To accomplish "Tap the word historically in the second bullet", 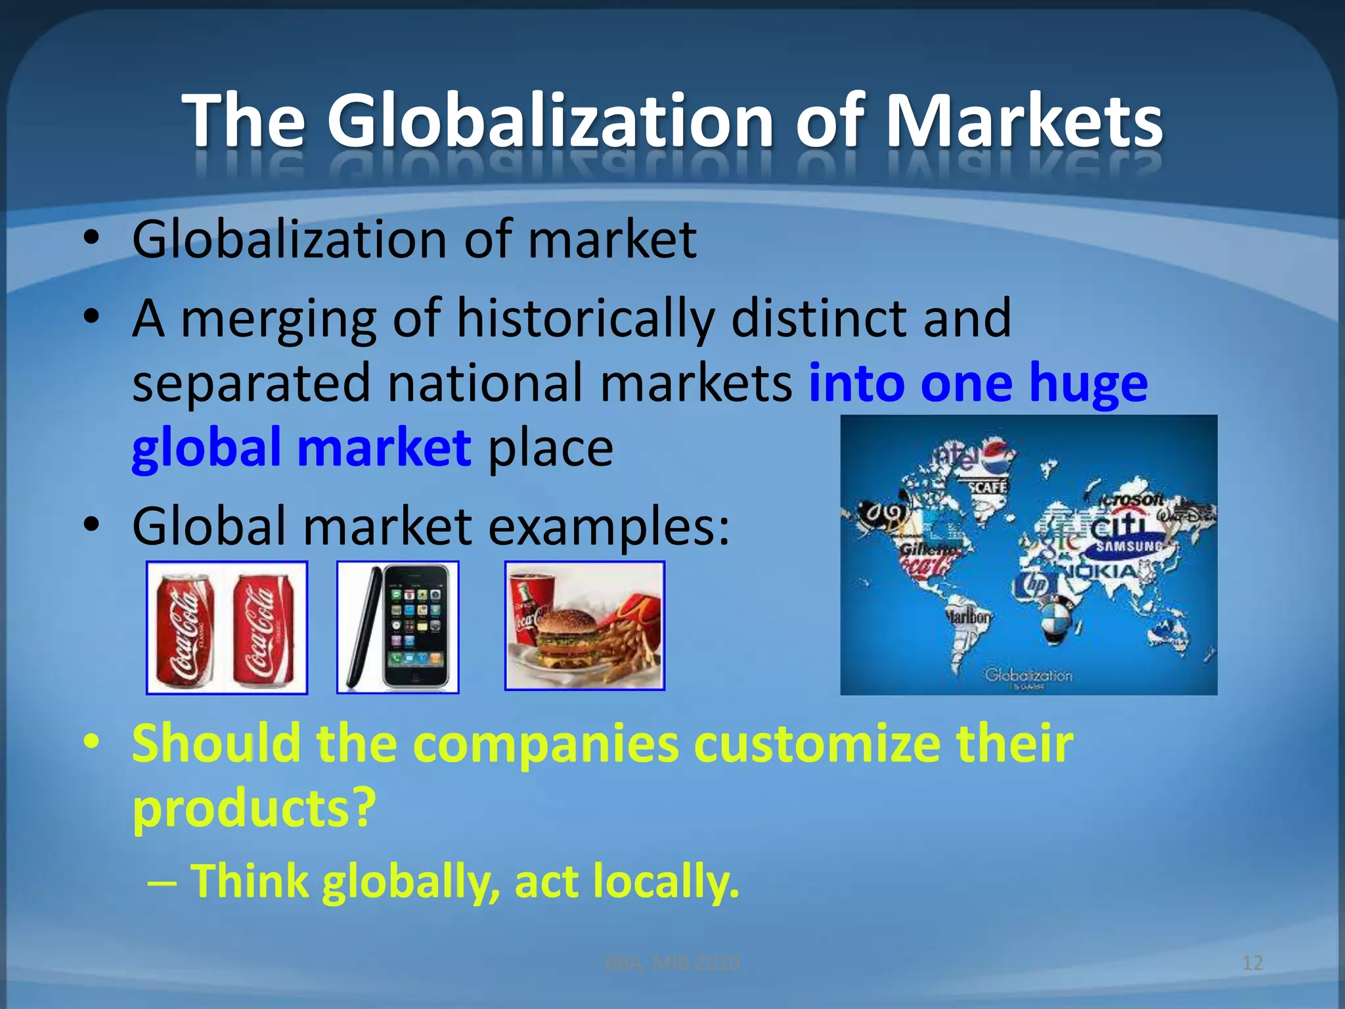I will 585,319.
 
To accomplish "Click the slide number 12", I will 1252,963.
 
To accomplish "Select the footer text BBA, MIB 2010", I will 672,963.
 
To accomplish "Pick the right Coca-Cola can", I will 263,629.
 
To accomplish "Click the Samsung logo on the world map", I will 1128,546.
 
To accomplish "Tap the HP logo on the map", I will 1036,584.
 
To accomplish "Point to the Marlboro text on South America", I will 968,617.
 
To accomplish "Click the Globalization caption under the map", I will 1028,675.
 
